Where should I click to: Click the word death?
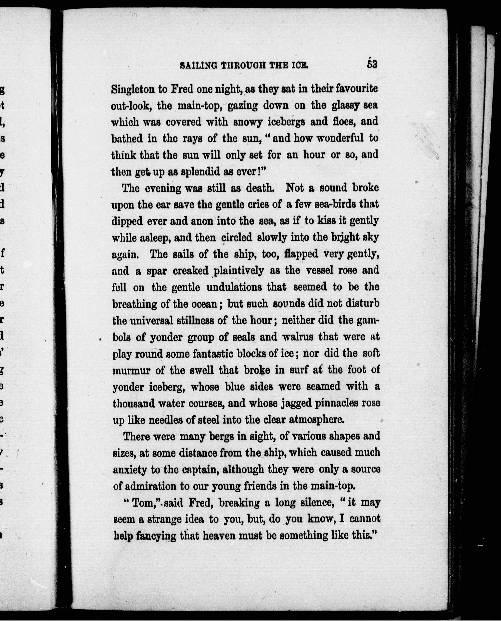tap(259, 188)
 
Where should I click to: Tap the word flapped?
tap(301, 254)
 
